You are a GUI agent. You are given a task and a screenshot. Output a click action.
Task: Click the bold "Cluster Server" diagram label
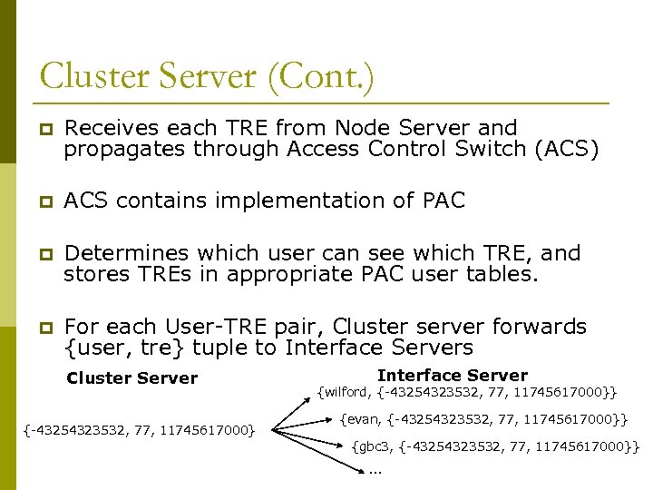coord(132,378)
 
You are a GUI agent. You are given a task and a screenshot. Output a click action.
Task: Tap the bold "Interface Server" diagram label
coord(452,375)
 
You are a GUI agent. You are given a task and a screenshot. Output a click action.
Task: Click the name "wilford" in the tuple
coord(346,392)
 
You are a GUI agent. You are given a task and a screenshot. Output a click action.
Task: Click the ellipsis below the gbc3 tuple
coord(375,470)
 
